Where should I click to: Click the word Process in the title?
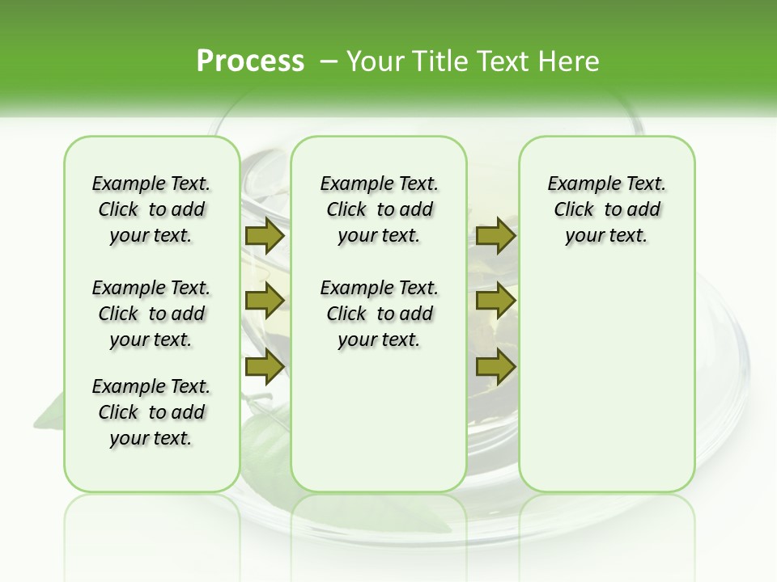[x=250, y=61]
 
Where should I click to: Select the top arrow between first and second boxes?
[x=264, y=236]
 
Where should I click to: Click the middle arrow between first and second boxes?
[x=264, y=301]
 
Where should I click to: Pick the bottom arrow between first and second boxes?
[x=264, y=366]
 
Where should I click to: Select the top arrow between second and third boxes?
[x=495, y=236]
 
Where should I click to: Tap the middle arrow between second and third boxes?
[x=495, y=301]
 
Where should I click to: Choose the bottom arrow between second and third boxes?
[x=495, y=366]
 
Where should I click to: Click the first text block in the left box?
[x=151, y=209]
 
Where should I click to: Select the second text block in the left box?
[x=151, y=314]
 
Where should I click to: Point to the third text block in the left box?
[x=151, y=412]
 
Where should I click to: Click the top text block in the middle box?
[x=379, y=209]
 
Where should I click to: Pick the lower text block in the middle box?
[x=379, y=314]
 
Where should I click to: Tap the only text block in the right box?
[x=606, y=209]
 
